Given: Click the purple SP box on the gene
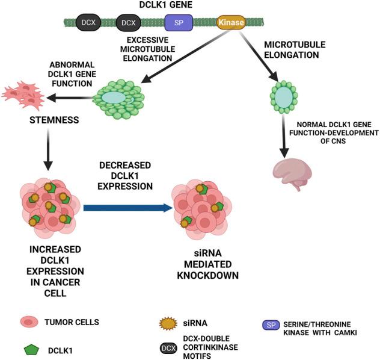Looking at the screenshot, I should pos(179,23).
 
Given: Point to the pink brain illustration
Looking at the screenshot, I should pos(291,175).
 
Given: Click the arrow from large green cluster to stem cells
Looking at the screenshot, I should pos(71,98).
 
